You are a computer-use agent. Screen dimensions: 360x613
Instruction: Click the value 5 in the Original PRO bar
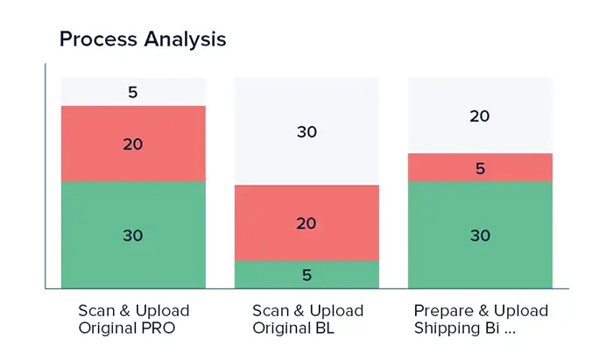(133, 92)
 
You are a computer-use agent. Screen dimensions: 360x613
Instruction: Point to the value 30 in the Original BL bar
(306, 131)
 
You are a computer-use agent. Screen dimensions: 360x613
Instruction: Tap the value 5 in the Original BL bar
(306, 274)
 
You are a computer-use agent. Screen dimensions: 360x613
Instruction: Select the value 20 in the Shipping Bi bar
(480, 116)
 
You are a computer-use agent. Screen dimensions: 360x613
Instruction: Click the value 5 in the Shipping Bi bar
(480, 167)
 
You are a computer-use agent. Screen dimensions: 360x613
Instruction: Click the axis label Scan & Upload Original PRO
(133, 319)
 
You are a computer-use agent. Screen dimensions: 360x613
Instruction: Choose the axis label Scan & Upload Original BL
(306, 319)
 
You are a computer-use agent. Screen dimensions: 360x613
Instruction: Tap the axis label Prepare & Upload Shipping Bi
(481, 319)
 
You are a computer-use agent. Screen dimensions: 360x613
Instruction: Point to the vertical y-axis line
(45, 175)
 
